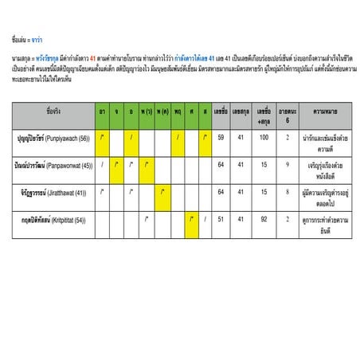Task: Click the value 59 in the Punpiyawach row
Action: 221,137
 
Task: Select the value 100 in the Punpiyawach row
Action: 263,137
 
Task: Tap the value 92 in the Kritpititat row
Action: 263,218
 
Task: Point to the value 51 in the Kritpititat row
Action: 221,218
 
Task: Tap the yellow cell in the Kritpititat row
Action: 191,218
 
